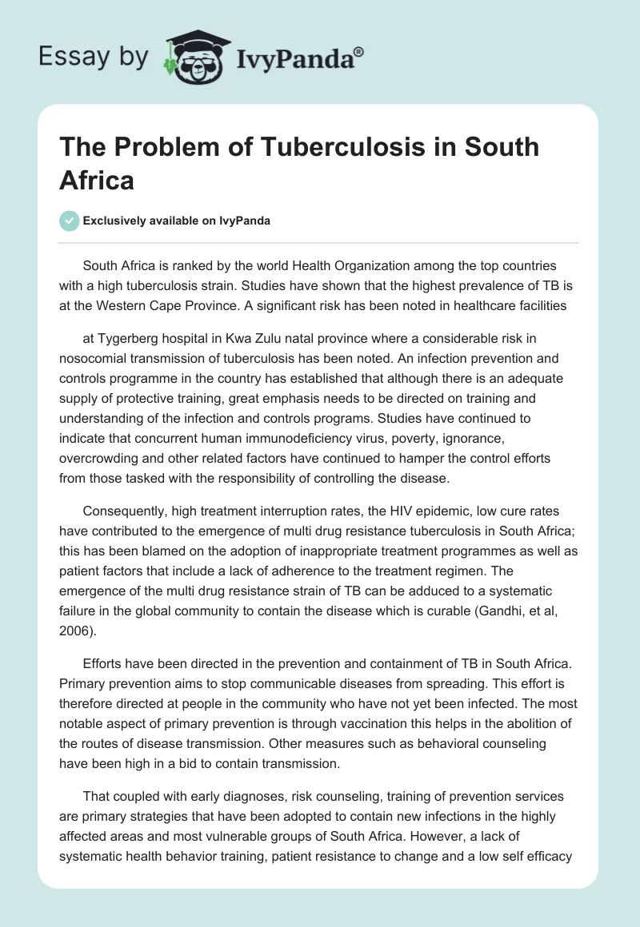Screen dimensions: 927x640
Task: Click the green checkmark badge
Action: (x=69, y=221)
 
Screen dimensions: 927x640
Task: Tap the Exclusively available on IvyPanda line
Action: (x=177, y=221)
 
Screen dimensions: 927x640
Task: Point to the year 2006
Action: (x=76, y=632)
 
